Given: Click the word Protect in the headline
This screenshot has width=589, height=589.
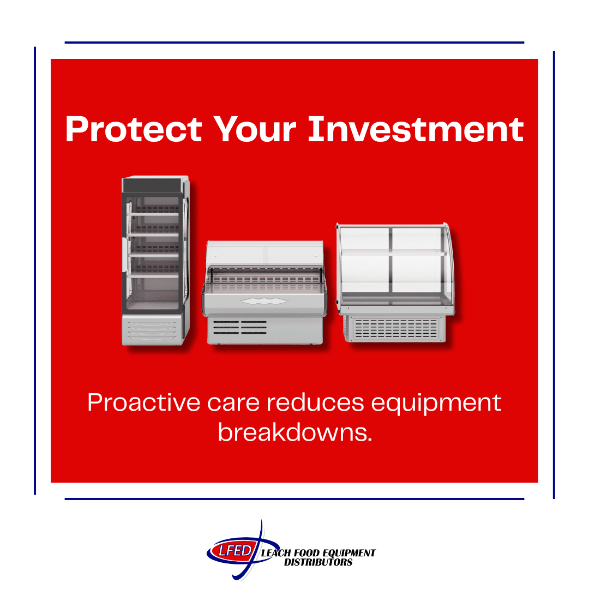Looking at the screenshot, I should click(x=133, y=130).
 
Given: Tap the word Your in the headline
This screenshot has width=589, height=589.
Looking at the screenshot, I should click(x=255, y=130).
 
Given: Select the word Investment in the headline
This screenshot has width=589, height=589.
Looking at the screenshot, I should click(x=416, y=130).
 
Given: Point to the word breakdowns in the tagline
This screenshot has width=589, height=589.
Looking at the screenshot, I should click(x=294, y=432).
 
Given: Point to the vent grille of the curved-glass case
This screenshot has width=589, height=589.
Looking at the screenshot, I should click(x=395, y=328).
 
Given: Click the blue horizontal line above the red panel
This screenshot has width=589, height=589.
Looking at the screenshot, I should click(x=294, y=43).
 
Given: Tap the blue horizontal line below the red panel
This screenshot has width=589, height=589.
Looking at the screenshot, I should click(x=294, y=499).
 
